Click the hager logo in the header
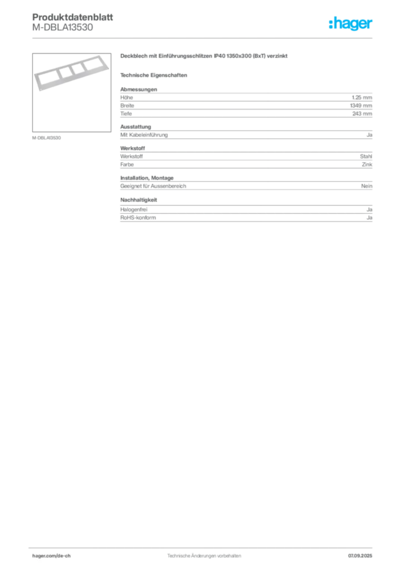click(x=350, y=23)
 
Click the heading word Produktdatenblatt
click(x=73, y=17)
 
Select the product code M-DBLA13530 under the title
click(x=63, y=28)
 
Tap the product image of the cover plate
click(x=71, y=92)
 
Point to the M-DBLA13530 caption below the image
click(x=47, y=138)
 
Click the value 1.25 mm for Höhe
click(x=362, y=97)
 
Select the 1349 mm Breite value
click(x=361, y=106)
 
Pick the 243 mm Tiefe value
click(x=362, y=114)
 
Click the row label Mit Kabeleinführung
click(x=144, y=135)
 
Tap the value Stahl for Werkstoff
click(x=366, y=157)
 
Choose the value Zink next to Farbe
click(x=367, y=164)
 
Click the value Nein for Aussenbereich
click(x=367, y=186)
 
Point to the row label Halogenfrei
click(x=134, y=210)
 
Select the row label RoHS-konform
click(x=138, y=218)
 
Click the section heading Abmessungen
click(x=138, y=89)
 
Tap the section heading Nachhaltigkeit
click(x=138, y=199)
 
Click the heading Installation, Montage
click(x=147, y=178)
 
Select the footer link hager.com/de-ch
click(x=52, y=556)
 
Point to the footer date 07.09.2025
click(x=360, y=556)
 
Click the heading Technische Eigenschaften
click(x=153, y=75)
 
